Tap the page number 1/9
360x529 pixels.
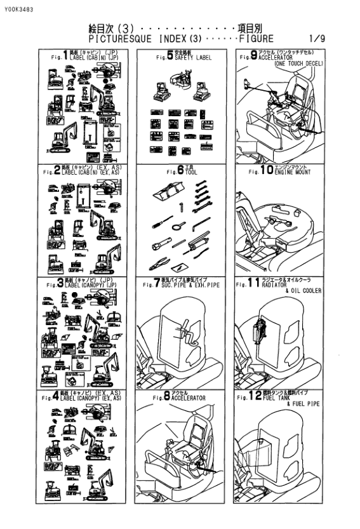click(x=317, y=39)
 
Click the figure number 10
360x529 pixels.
click(x=265, y=170)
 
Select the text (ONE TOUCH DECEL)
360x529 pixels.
click(x=297, y=64)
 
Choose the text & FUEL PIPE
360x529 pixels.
click(x=304, y=404)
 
